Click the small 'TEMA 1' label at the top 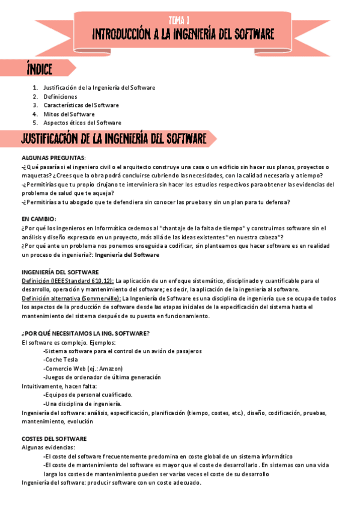click(x=179, y=19)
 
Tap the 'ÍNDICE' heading click(x=40, y=69)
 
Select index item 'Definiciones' click(x=60, y=96)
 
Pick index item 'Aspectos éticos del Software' click(x=82, y=123)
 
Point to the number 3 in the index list click(x=35, y=105)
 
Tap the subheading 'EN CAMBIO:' click(x=38, y=219)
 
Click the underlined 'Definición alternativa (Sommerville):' click(x=71, y=298)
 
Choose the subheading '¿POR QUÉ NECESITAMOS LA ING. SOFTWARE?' click(x=85, y=333)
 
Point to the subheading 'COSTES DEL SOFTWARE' click(x=53, y=438)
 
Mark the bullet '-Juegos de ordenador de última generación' click(x=102, y=377)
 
